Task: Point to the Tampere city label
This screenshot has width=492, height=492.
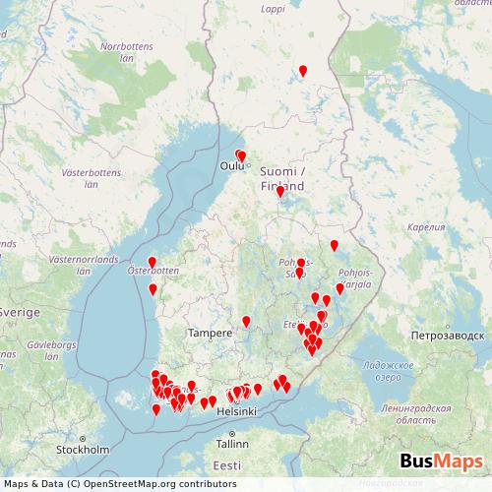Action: [x=211, y=333]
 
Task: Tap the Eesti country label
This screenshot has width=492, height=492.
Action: [x=227, y=464]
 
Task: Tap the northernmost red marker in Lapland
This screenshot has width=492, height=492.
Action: [x=302, y=70]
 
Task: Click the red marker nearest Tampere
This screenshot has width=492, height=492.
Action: [x=246, y=321]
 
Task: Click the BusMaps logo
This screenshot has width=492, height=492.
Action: [x=441, y=461]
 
